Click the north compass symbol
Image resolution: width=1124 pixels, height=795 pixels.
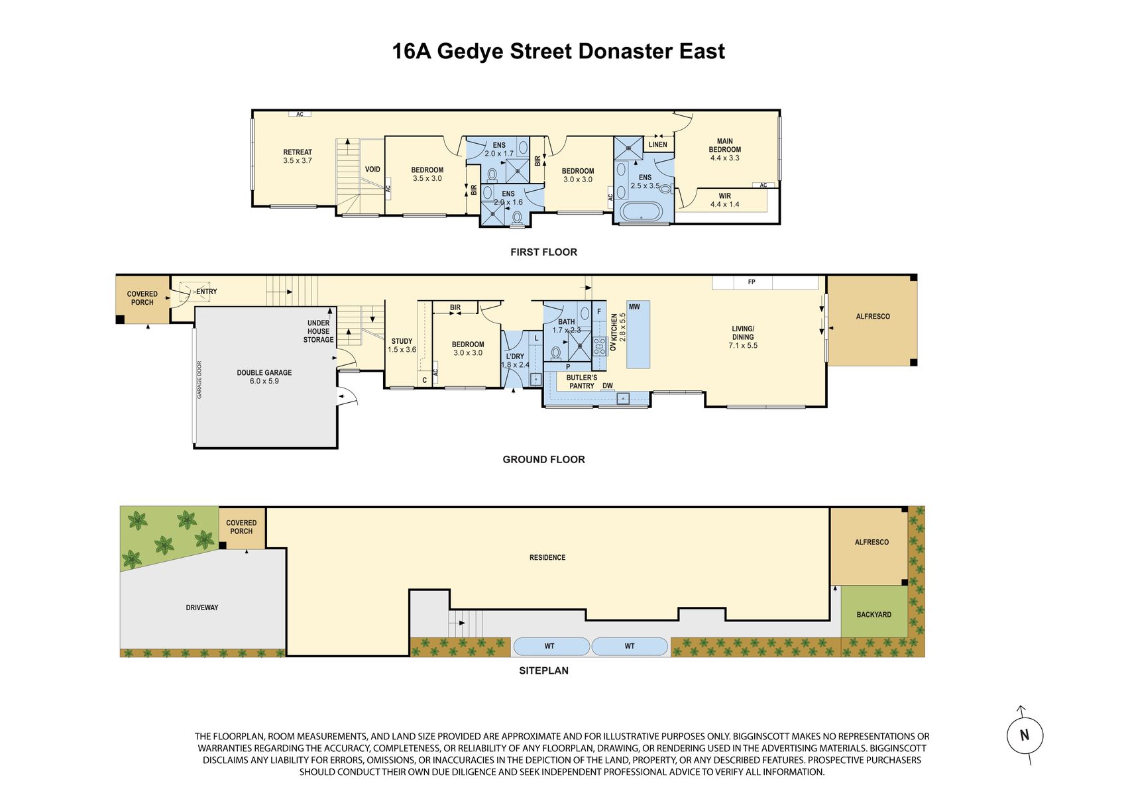[1025, 735]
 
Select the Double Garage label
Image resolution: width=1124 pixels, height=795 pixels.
[264, 377]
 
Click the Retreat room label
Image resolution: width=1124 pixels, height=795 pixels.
[298, 156]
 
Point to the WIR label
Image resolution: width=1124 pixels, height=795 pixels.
[724, 200]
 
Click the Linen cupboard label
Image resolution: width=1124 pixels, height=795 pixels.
[658, 145]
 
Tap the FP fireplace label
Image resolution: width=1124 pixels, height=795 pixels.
[752, 282]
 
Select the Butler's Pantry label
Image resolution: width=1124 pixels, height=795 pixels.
[582, 382]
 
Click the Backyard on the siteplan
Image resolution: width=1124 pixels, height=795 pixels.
[874, 614]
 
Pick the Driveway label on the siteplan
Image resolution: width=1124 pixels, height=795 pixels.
[202, 608]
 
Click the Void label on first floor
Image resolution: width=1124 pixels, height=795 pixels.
[372, 170]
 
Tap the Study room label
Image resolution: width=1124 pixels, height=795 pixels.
[402, 345]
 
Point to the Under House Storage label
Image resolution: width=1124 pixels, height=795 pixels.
[319, 331]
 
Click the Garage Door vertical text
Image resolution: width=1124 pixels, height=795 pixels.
[199, 380]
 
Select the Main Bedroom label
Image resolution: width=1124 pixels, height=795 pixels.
[724, 150]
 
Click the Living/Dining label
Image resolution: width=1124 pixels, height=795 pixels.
[743, 337]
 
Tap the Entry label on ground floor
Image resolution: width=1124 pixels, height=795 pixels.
[207, 291]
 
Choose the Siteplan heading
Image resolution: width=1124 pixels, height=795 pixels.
[543, 670]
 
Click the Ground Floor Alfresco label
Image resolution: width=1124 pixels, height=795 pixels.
[873, 317]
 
